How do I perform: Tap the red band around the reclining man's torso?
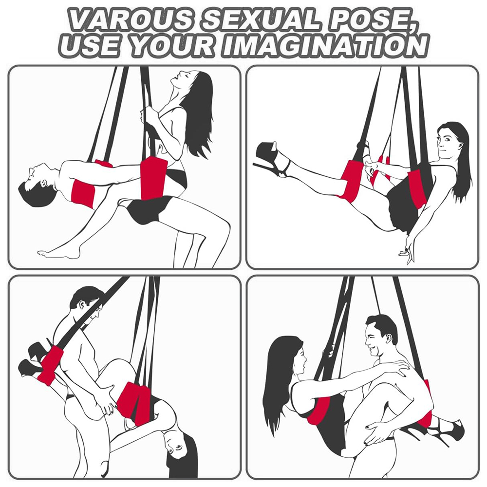[x=84, y=192]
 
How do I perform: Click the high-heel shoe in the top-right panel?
[x=273, y=160]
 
